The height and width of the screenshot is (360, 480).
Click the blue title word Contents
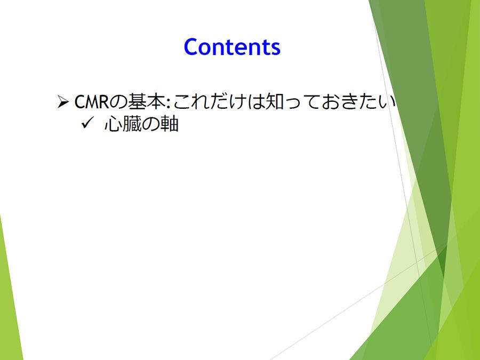click(x=232, y=47)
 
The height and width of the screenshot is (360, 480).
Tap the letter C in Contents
click(x=191, y=47)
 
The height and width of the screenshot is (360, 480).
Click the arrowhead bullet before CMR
click(x=63, y=102)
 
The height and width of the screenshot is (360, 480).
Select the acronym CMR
click(x=92, y=102)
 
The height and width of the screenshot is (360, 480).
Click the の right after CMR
click(x=118, y=102)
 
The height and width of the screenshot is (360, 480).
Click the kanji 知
click(x=275, y=101)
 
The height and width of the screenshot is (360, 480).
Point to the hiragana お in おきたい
click(x=330, y=102)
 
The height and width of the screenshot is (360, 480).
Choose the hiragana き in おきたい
click(x=349, y=102)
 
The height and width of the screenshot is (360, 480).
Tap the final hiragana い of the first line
click(x=386, y=102)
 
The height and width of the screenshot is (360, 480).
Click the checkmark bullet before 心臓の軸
click(x=87, y=123)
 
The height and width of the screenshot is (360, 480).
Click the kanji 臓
click(x=132, y=124)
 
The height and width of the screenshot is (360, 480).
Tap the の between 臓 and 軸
click(x=150, y=125)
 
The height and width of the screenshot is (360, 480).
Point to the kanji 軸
click(x=169, y=124)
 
